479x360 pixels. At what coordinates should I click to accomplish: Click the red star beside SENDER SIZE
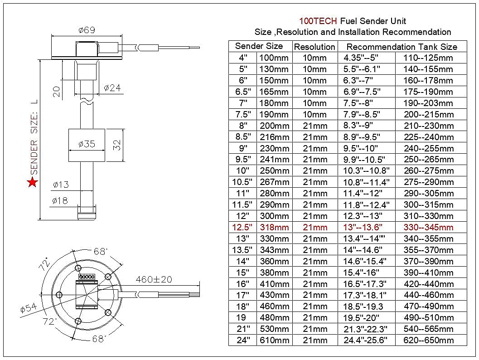click(32, 183)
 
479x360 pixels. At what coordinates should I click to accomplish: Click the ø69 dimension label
click(86, 30)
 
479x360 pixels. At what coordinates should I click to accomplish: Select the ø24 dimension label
click(112, 88)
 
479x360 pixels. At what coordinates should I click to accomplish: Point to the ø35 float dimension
click(86, 144)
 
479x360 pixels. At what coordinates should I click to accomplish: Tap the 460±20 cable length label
click(153, 280)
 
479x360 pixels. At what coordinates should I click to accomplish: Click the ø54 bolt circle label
click(29, 309)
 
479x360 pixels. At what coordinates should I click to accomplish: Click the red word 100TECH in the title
click(318, 21)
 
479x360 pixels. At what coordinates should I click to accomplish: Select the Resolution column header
click(314, 47)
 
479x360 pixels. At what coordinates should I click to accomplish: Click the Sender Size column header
click(259, 46)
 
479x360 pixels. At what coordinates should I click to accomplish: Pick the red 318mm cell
click(274, 227)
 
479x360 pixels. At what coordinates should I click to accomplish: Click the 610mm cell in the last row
click(274, 340)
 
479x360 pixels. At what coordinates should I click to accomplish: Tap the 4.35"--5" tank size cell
click(361, 58)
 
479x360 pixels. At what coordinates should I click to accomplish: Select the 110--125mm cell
click(428, 58)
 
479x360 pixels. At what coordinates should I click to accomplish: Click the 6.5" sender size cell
click(243, 92)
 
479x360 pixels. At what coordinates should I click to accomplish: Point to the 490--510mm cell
click(428, 317)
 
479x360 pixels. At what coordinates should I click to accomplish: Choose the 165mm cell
click(274, 92)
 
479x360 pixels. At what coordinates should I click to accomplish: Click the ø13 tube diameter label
click(60, 185)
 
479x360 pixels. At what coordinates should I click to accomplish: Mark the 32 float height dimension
click(116, 145)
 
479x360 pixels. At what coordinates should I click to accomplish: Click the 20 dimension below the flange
click(56, 92)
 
